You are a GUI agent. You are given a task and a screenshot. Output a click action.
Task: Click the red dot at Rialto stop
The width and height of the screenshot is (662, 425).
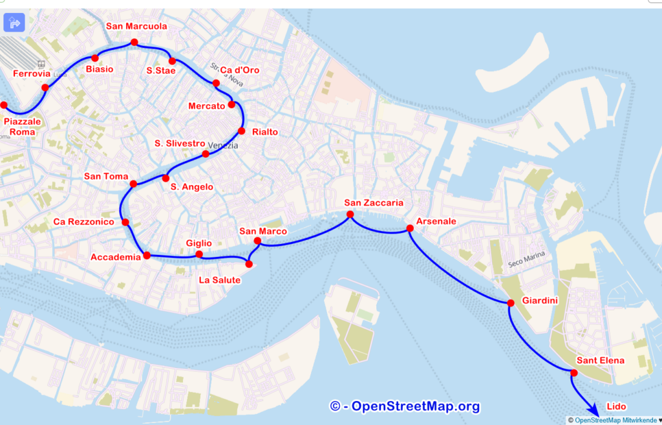[x=242, y=131]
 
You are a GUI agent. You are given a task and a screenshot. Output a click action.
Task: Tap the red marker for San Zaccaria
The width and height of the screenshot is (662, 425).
[x=350, y=214]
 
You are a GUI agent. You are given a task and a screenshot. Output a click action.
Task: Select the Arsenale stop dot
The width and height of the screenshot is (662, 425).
[x=410, y=228]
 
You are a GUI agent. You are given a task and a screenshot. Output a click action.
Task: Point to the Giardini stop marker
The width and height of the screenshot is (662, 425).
[x=510, y=303]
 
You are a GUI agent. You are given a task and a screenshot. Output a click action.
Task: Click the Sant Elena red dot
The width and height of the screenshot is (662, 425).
[x=573, y=372]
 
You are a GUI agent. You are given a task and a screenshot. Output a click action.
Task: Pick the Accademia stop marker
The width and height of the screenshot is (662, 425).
[x=147, y=256]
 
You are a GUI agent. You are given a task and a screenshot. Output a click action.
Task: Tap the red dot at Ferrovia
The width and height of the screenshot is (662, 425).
[x=45, y=87]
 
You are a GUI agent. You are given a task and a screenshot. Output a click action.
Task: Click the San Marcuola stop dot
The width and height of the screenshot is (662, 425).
[x=134, y=43]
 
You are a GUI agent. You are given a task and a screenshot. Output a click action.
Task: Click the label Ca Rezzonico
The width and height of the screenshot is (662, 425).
[x=84, y=222]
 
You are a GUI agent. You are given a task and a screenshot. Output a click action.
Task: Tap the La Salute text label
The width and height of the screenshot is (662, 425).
[x=220, y=280]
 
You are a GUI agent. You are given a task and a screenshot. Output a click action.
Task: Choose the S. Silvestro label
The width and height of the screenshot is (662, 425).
[x=180, y=143]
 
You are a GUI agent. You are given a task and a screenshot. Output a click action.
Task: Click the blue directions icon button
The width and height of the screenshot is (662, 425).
[x=14, y=23]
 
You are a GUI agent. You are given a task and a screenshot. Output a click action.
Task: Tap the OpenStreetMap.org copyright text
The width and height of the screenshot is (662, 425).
[x=405, y=406]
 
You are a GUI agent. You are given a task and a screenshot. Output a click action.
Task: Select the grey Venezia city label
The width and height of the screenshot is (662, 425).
[x=223, y=146]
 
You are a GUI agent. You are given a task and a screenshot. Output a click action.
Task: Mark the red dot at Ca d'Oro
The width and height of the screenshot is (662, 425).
[x=216, y=83]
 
